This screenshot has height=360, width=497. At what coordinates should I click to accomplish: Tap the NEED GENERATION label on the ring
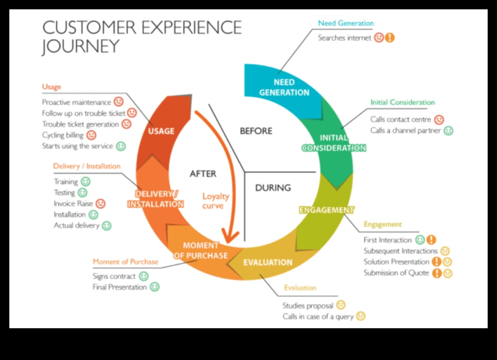coord(284,87)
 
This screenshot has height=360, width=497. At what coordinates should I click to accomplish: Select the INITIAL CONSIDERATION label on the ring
coord(334,143)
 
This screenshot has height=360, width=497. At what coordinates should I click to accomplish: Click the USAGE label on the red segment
coord(161,131)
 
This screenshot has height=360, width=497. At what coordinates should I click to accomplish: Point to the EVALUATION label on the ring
coord(268,262)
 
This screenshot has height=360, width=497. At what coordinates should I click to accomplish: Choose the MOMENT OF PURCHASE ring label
coord(201,250)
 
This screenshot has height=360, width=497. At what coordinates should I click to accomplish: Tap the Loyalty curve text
coord(216,201)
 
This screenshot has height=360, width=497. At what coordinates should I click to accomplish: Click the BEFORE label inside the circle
coord(256,131)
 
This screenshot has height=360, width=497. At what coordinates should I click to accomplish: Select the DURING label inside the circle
coord(273,188)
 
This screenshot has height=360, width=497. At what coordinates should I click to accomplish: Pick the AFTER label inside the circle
coord(203,174)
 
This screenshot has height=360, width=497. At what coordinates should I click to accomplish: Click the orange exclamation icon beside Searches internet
coord(390,38)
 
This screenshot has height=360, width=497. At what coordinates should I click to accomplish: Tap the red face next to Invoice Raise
coord(100,204)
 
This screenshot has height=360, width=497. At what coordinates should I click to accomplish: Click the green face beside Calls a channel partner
coord(448,131)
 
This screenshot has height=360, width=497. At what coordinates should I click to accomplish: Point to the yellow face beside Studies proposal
coord(341,305)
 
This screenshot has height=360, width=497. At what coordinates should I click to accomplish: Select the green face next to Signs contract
coord(144,276)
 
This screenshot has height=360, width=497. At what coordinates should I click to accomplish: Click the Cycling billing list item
coord(63,135)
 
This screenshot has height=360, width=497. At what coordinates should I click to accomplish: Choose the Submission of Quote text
coord(396,273)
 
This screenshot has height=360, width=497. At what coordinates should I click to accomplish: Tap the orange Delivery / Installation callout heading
coord(86,166)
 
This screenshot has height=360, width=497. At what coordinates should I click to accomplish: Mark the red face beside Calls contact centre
coord(439,120)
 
